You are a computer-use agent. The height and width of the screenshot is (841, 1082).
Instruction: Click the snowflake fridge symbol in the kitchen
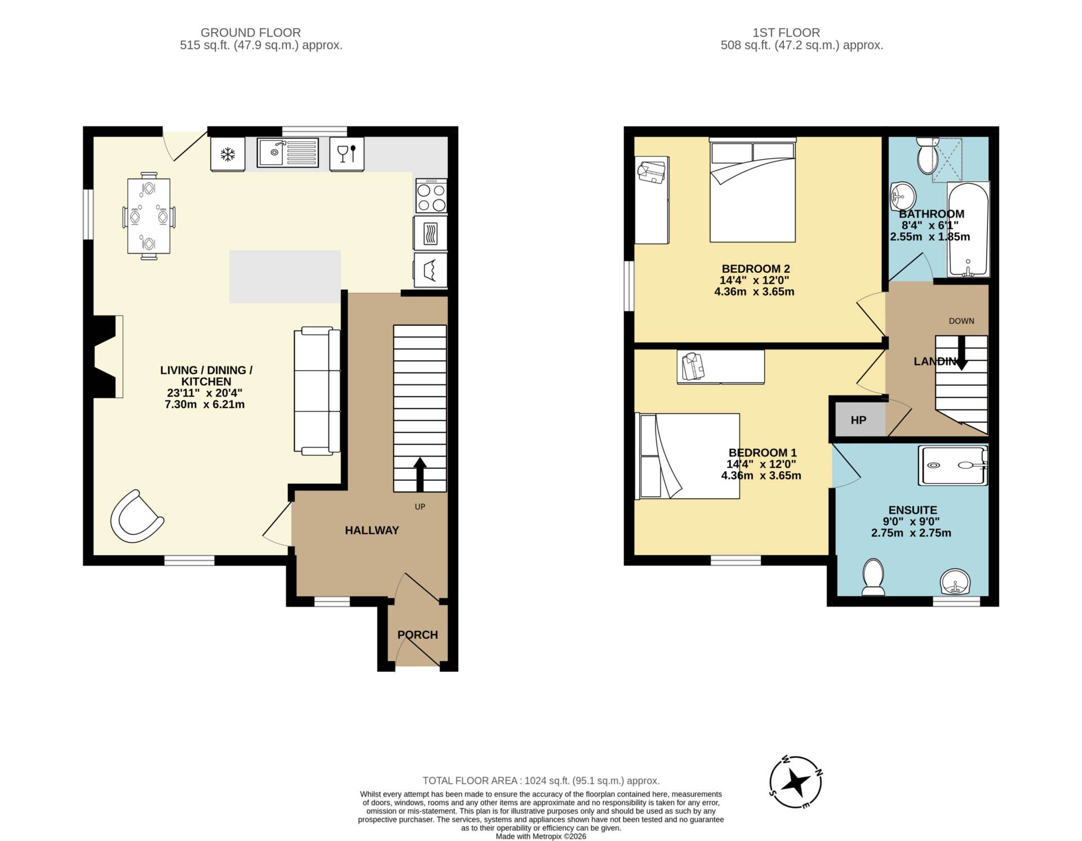[228, 154]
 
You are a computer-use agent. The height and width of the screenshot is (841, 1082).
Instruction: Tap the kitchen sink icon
[287, 153]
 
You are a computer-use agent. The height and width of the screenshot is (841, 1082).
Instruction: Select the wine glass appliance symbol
[346, 153]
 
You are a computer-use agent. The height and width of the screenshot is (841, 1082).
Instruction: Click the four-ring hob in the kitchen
[431, 196]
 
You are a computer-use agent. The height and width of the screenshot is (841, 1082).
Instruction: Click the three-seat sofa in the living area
[317, 391]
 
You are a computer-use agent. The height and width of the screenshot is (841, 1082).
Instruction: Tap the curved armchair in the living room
[136, 517]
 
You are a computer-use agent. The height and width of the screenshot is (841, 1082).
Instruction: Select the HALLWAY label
[371, 530]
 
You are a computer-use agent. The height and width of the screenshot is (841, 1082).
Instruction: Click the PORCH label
[418, 635]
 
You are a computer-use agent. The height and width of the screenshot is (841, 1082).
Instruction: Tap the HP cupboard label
[858, 420]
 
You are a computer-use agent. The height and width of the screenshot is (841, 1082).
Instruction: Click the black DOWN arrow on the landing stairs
[961, 353]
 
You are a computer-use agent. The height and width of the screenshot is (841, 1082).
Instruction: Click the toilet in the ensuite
[873, 577]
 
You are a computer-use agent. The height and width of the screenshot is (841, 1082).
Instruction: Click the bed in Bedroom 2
[752, 192]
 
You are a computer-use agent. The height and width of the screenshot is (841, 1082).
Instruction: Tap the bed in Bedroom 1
[689, 456]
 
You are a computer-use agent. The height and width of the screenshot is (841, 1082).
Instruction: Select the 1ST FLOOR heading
[801, 33]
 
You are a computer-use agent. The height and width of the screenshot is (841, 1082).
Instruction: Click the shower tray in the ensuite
[953, 466]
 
